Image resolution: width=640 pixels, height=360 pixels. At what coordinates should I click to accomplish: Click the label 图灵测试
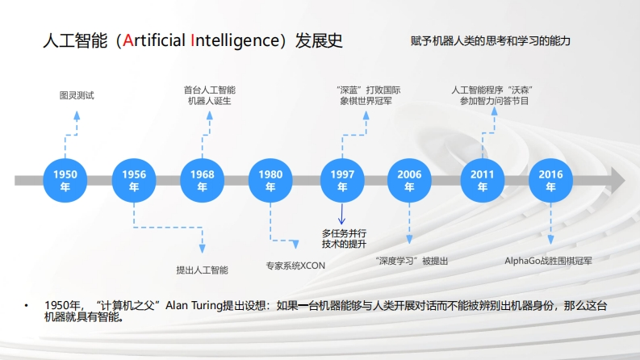click(x=77, y=95)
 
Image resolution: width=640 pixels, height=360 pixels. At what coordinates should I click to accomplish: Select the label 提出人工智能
click(x=202, y=270)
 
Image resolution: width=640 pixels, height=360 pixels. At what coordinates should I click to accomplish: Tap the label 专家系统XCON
click(x=295, y=265)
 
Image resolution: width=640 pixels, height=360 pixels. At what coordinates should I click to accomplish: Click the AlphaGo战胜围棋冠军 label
click(x=549, y=261)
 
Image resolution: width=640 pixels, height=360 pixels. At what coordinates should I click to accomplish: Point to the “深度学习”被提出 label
click(x=412, y=261)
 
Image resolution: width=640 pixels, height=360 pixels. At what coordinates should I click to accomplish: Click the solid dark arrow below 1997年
click(x=342, y=215)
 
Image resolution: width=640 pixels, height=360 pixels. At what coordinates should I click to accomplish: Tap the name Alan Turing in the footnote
click(x=193, y=306)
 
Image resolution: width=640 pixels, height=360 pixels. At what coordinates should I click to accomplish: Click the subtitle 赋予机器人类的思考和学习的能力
click(x=490, y=40)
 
